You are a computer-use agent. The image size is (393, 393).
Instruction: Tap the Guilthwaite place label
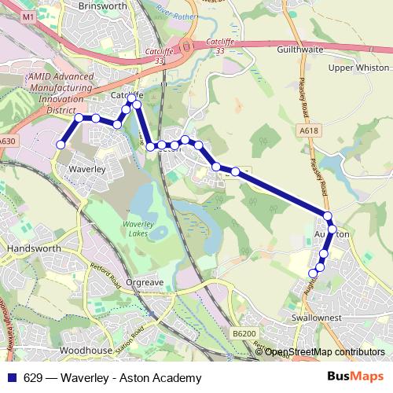click(302, 48)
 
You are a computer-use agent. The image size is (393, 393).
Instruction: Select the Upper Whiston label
click(358, 68)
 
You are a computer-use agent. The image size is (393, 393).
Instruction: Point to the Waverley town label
click(86, 169)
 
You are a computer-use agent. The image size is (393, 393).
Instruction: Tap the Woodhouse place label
click(85, 350)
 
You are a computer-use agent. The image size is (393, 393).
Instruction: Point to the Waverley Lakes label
click(141, 229)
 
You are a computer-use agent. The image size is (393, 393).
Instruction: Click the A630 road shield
click(7, 141)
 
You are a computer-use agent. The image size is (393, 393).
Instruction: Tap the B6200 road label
click(244, 334)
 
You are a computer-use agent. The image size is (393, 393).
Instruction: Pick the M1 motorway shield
click(29, 17)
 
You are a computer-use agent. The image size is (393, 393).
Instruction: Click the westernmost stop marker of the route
click(60, 144)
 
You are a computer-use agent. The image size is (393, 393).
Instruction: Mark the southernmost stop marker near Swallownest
click(313, 273)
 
